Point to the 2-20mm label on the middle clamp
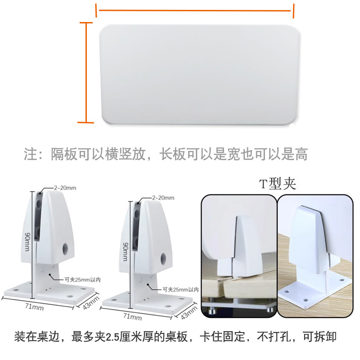(163, 198)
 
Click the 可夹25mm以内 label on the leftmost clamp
(81, 279)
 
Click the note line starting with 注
(166, 154)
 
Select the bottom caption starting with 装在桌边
(175, 336)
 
